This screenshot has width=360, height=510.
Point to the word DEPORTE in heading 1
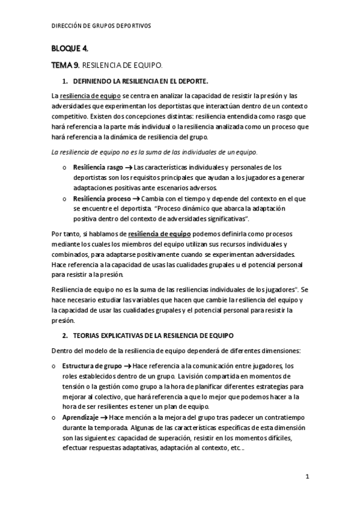coord(192,81)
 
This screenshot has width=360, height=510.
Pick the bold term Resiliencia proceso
coord(100,198)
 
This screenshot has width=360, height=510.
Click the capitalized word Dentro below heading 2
coord(63,351)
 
